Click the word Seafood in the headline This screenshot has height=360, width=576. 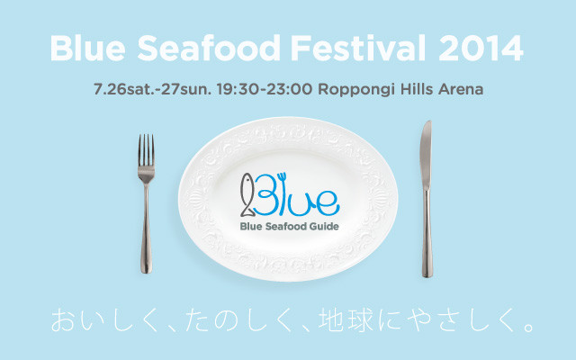[209, 48]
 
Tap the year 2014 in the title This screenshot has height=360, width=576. [481, 48]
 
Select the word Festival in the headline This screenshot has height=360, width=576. [358, 48]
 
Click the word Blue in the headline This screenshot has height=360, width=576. [88, 48]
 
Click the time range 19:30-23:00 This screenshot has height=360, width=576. [265, 89]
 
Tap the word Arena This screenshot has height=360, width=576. [461, 89]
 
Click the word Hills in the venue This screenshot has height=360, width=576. [417, 89]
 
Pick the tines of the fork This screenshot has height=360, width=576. [146, 150]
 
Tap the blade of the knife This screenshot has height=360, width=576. [426, 155]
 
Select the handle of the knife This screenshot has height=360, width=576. [427, 234]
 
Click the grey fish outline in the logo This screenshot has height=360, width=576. [247, 194]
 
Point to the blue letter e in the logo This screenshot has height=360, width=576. [328, 203]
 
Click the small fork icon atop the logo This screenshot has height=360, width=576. [282, 178]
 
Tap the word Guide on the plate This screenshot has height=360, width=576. [324, 226]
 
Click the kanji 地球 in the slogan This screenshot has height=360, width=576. [346, 319]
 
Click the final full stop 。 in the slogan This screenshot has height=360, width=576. [529, 327]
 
